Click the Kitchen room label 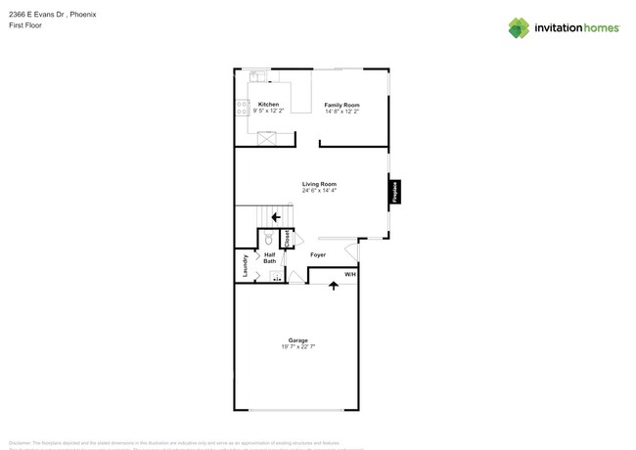tap(268, 104)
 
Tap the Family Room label tap(341, 105)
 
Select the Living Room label tap(319, 184)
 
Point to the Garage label tap(297, 340)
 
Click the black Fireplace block tap(395, 191)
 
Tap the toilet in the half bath tap(269, 238)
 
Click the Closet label tap(287, 238)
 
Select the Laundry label tap(245, 264)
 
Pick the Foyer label tap(318, 255)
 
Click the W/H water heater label tap(350, 275)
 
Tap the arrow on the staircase tap(276, 217)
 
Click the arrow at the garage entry tap(334, 286)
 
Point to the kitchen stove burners tap(242, 108)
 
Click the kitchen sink tap(257, 75)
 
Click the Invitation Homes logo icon tap(519, 27)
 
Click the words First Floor tap(25, 25)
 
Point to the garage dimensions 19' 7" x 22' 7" tap(297, 347)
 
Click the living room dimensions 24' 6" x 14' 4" tap(319, 191)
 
